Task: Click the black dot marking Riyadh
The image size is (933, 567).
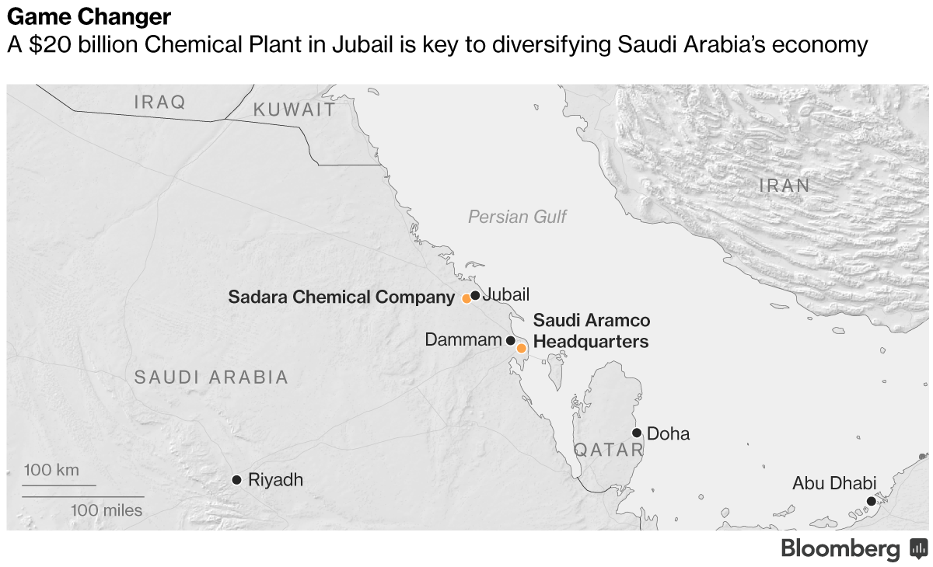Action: point(236,480)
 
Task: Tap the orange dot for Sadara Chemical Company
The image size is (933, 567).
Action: point(466,298)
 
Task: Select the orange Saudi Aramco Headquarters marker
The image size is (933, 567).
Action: point(522,348)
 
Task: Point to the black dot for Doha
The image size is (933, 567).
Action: point(637,433)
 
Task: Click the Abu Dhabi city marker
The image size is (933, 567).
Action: point(872,501)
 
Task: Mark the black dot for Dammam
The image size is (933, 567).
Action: point(510,340)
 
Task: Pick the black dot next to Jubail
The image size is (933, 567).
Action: point(475,295)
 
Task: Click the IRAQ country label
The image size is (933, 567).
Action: point(160,102)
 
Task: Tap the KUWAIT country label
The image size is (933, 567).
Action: point(295,110)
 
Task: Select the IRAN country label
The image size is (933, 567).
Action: point(784,186)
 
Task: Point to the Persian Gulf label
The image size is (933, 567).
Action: point(517,217)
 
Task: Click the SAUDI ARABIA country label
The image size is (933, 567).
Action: point(211,377)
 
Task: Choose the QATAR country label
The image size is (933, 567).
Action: point(609,450)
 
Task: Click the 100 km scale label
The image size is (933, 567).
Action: point(51,471)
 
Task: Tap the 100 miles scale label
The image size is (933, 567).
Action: point(107,510)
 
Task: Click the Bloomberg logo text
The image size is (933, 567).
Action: point(840,549)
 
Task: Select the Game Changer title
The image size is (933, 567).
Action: point(89,16)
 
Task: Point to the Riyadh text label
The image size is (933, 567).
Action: point(275,480)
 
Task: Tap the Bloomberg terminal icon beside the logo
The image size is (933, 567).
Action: point(918,549)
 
